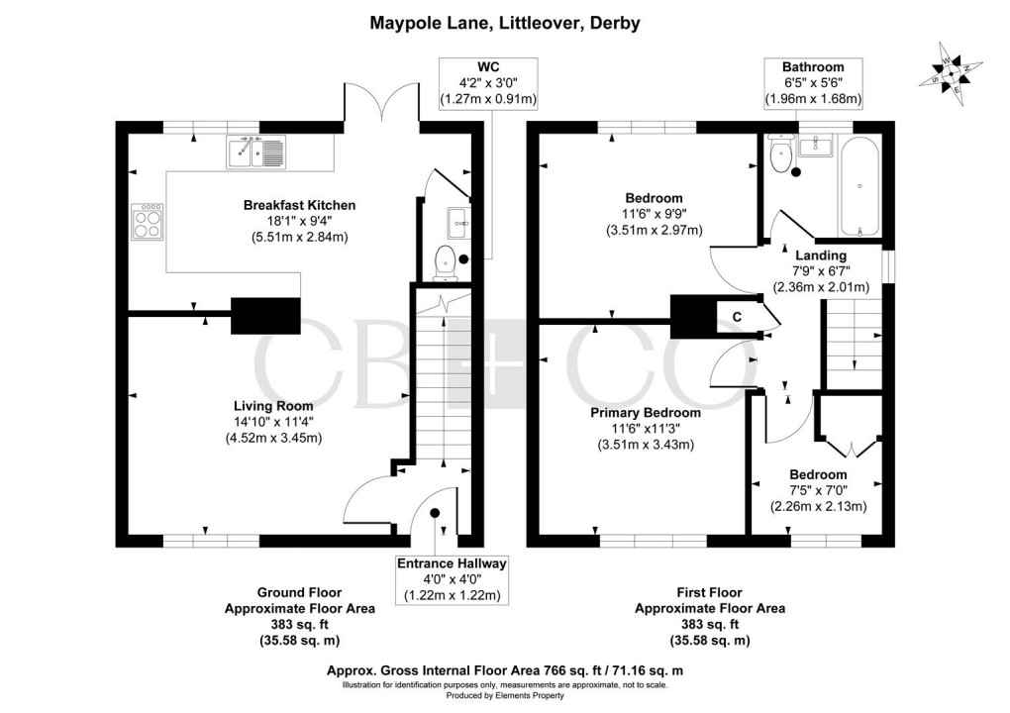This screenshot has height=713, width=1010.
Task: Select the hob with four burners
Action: coord(148,221)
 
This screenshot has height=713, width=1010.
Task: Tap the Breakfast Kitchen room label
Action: coord(299,205)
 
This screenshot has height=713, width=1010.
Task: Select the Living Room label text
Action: coord(273,406)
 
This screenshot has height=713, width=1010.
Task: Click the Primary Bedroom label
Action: coord(645,413)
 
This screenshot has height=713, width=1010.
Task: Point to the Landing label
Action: coord(821,255)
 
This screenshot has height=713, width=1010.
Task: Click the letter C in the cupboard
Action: coord(736,317)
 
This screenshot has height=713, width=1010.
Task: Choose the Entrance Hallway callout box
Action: coord(452,579)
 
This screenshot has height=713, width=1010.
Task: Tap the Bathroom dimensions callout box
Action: coord(812,82)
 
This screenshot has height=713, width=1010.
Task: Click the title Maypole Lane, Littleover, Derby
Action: coord(504,22)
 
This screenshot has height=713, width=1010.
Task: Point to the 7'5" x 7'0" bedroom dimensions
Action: coord(818,489)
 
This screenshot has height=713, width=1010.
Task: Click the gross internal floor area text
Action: coord(504,669)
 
